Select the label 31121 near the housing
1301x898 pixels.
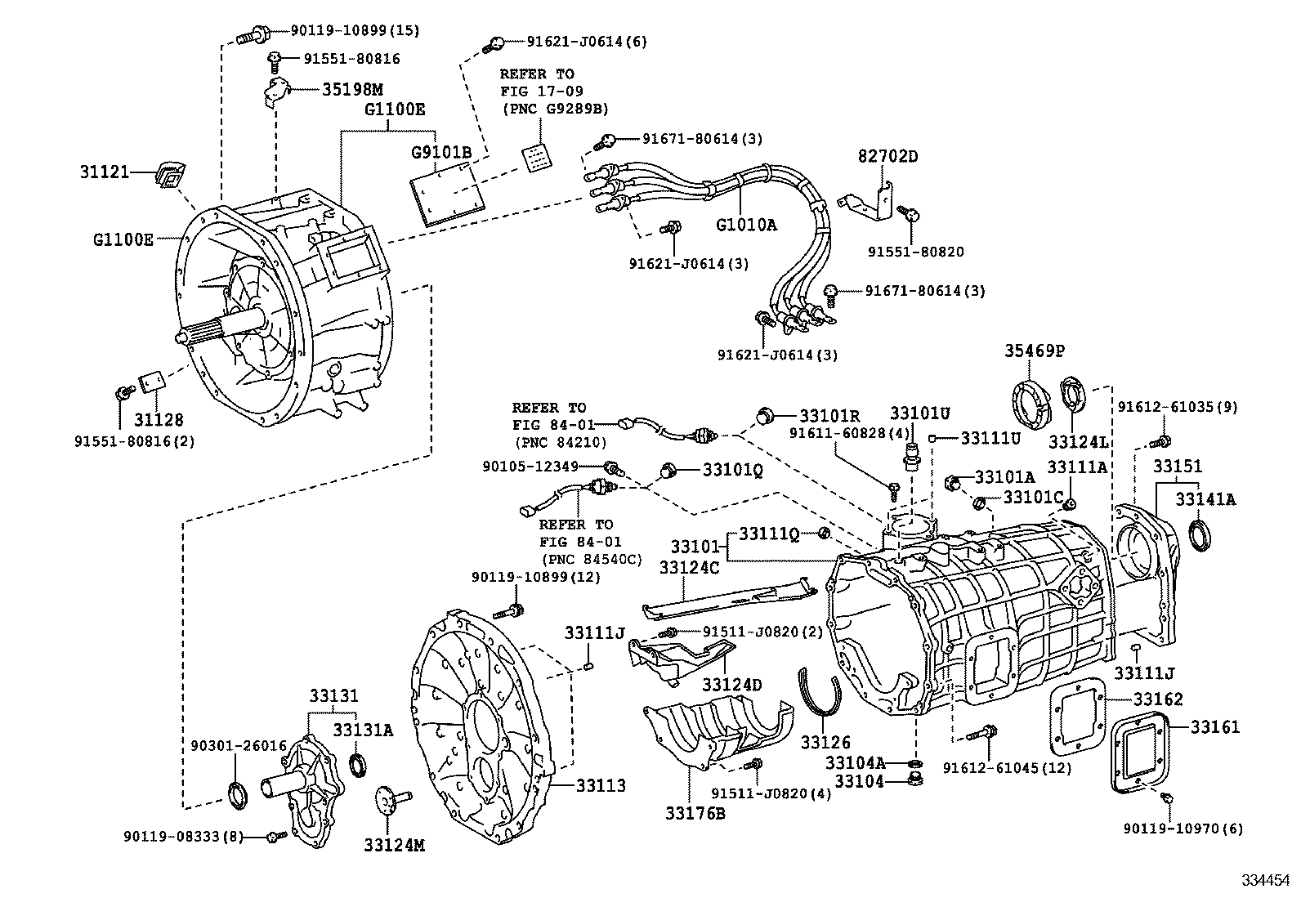tap(105, 172)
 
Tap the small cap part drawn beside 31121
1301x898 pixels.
tap(171, 174)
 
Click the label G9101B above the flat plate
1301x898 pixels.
tap(441, 152)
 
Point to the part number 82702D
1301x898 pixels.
tap(887, 155)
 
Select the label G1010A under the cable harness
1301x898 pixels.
tap(746, 223)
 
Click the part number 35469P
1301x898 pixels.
tap(1035, 352)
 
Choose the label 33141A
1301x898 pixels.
tap(1205, 498)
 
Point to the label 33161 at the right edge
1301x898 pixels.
tap(1214, 726)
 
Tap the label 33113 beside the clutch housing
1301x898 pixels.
tap(601, 785)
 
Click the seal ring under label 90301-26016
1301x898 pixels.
tap(236, 793)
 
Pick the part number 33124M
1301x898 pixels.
tap(395, 846)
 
